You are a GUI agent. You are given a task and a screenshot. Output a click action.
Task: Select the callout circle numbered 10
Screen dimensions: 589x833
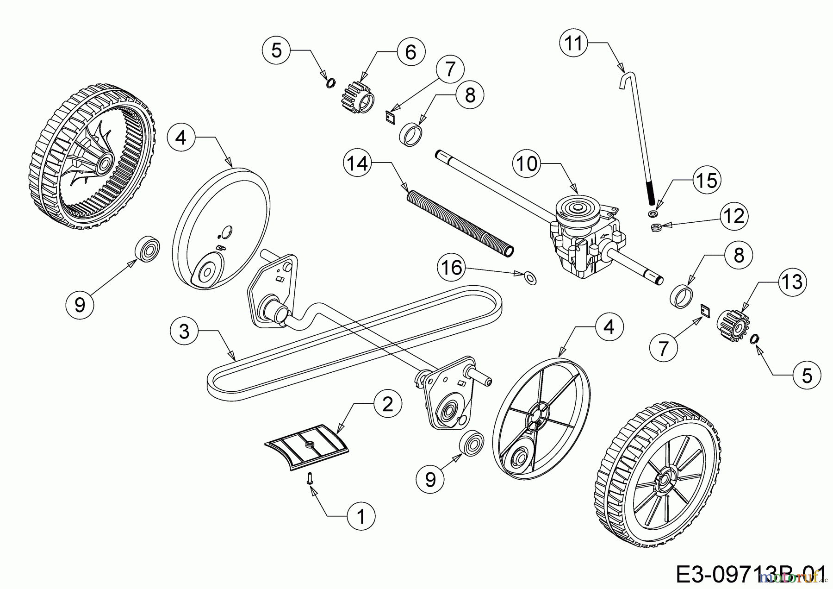point(527,163)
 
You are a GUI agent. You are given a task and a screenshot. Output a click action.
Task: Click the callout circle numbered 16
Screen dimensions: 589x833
point(452,267)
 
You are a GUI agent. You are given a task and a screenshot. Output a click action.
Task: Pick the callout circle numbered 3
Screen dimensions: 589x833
point(184,332)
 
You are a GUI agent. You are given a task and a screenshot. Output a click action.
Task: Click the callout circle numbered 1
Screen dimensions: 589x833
point(361,516)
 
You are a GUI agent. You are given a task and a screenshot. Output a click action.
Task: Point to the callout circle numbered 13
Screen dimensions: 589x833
point(792,282)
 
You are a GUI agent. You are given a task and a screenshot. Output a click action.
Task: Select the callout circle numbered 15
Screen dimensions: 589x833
point(707,181)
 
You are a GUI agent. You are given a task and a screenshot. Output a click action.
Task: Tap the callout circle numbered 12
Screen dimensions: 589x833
point(734,216)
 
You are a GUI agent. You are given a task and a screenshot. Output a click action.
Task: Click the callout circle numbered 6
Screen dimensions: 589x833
point(410,52)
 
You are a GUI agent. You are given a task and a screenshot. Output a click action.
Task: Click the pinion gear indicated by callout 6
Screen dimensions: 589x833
point(358,96)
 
